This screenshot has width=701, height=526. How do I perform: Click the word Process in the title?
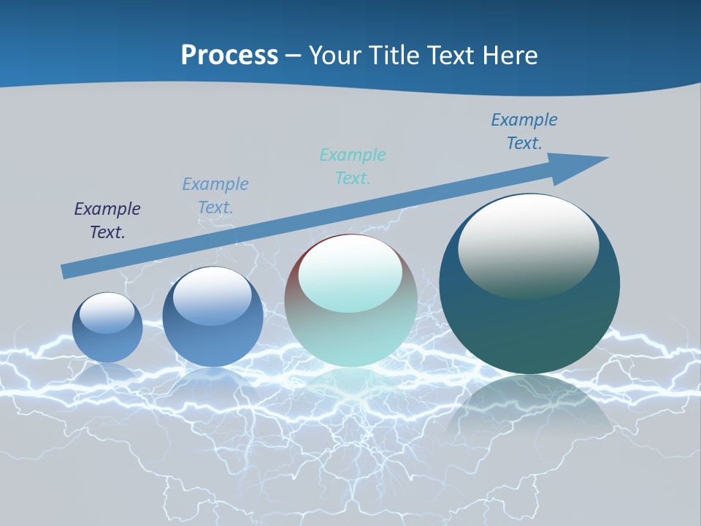click(229, 55)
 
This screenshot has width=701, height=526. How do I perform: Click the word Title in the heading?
click(393, 55)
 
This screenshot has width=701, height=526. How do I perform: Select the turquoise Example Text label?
click(353, 167)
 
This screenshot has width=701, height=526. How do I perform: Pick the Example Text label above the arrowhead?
click(524, 131)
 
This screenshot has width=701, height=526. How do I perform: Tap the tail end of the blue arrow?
click(67, 271)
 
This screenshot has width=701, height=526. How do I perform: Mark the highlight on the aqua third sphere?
click(350, 275)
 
